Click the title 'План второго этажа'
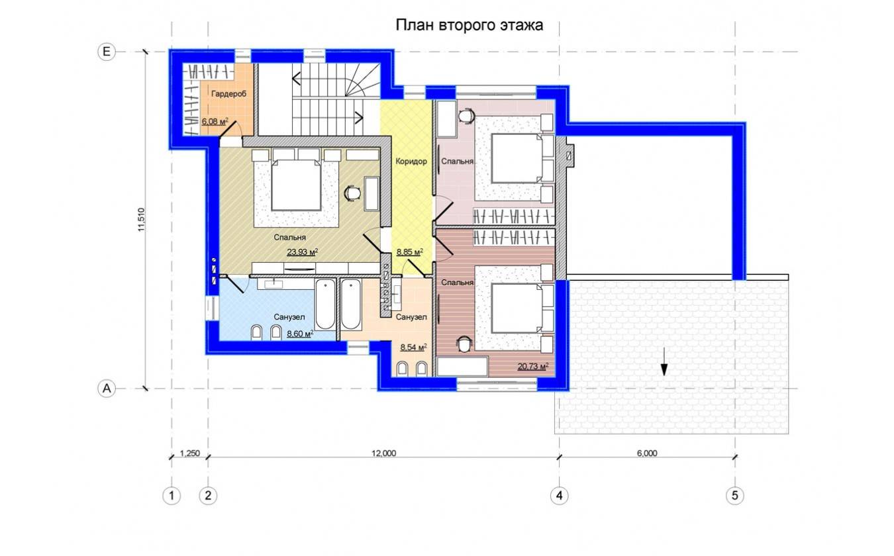[x=470, y=26]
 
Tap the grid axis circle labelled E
[x=106, y=52]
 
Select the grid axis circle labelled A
[x=106, y=389]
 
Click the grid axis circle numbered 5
[x=735, y=496]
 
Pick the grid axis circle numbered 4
[x=559, y=496]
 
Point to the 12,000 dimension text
[x=383, y=453]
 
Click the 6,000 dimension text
[x=646, y=453]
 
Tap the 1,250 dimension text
[x=189, y=453]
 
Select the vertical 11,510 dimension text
[x=141, y=220]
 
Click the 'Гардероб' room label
[x=228, y=94]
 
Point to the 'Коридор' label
[x=411, y=161]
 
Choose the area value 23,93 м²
[x=302, y=252]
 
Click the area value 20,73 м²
[x=533, y=366]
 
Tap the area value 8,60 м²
[x=300, y=334]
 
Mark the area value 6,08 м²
[x=215, y=121]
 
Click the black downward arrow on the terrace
[x=664, y=362]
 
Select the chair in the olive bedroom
[x=353, y=193]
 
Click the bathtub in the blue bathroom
[x=325, y=304]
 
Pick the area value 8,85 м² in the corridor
[x=409, y=252]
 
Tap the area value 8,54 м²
[x=413, y=347]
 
